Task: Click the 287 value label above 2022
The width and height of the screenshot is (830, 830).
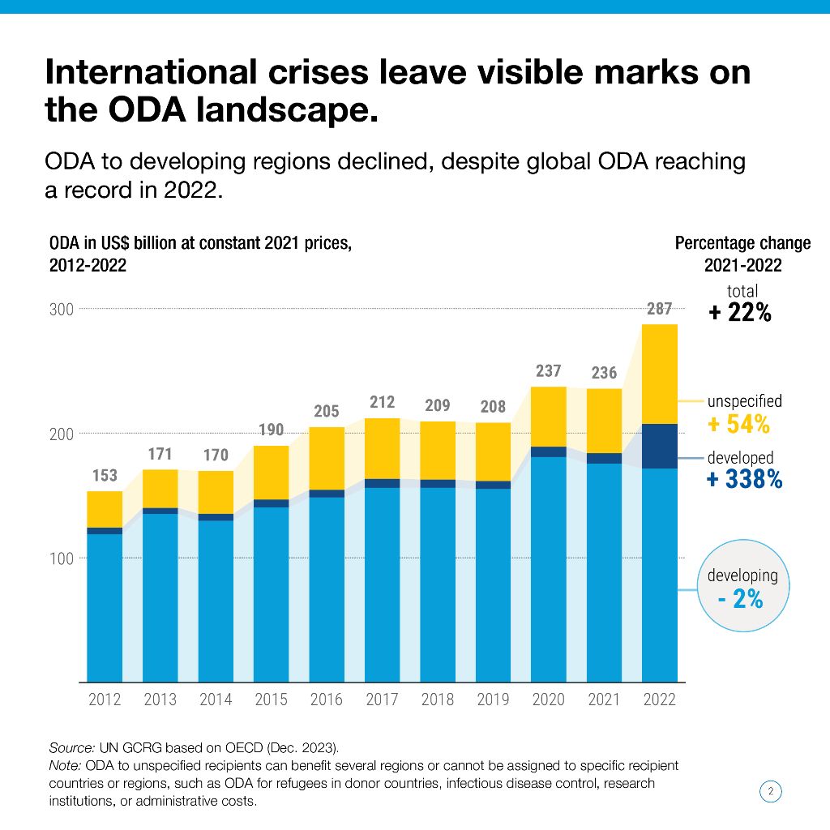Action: [x=659, y=309]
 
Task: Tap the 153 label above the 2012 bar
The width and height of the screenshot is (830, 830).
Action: [x=105, y=476]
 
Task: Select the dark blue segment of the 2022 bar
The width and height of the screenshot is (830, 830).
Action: [x=659, y=446]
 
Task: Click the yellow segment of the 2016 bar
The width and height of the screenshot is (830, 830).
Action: [x=327, y=458]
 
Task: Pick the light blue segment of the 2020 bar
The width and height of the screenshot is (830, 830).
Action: [x=549, y=567]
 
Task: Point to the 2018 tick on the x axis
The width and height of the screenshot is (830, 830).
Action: [x=438, y=700]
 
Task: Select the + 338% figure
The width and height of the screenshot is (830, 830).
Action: [x=744, y=480]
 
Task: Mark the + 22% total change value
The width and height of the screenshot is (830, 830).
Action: [x=740, y=313]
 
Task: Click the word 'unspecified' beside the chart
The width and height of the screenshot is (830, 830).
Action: [x=744, y=400]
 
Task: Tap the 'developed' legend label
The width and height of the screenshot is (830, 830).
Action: [x=740, y=458]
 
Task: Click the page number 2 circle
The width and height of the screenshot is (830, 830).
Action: [x=771, y=791]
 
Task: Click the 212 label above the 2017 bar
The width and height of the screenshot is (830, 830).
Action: [x=382, y=401]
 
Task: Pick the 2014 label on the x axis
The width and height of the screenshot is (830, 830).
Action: [x=216, y=700]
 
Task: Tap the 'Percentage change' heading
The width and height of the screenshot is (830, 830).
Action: [x=742, y=243]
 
